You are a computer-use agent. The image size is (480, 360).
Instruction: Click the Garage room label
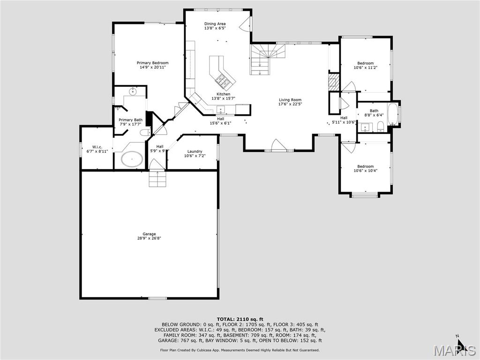(x=149, y=234)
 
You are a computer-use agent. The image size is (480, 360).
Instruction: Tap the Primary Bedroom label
(x=152, y=63)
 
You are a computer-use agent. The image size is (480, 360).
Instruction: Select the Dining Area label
(x=215, y=23)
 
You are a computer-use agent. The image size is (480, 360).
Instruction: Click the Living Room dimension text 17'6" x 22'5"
(x=290, y=104)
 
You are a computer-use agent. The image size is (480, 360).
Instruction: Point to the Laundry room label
(x=195, y=151)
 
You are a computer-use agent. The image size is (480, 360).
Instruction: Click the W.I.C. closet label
(x=97, y=147)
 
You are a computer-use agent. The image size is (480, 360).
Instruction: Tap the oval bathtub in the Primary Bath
(x=132, y=159)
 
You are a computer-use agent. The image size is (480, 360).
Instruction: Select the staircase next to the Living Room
(x=262, y=59)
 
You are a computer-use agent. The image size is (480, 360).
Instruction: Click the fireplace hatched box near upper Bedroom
(x=333, y=83)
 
